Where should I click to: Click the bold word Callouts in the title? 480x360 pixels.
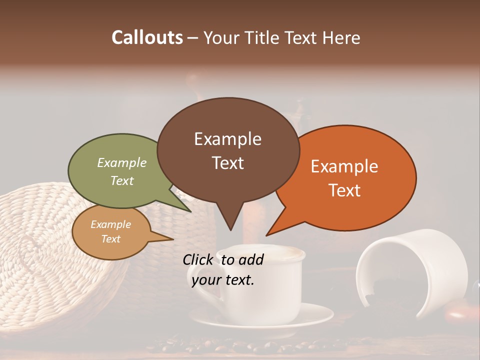point(147,37)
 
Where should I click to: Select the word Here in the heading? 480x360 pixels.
point(341,37)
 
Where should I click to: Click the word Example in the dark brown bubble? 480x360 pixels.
point(227,139)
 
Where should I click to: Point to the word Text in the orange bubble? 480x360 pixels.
point(345,190)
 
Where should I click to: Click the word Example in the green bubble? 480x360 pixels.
point(122,162)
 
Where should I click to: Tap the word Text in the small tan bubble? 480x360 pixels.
point(111,239)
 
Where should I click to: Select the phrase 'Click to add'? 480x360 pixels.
point(223,259)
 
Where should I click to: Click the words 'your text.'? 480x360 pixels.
point(223,280)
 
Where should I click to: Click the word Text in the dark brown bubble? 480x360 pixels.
point(228,163)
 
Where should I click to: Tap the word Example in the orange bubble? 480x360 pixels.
point(344,166)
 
